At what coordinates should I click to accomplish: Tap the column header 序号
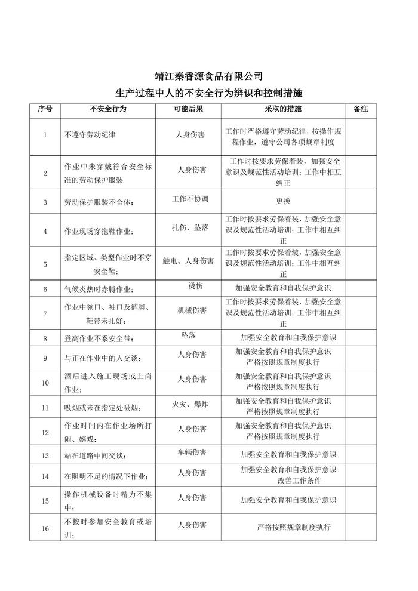tap(45, 110)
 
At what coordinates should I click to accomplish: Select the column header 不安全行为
tap(107, 110)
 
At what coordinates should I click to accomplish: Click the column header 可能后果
tap(188, 110)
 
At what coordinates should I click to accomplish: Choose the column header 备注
tap(360, 110)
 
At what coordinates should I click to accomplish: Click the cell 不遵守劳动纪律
tap(90, 135)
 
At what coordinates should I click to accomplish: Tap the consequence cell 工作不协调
tap(189, 198)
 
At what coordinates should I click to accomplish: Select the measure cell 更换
tap(283, 202)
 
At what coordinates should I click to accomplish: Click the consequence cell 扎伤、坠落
tap(189, 228)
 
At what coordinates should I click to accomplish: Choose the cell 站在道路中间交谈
tap(95, 456)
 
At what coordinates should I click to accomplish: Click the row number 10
tap(45, 383)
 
